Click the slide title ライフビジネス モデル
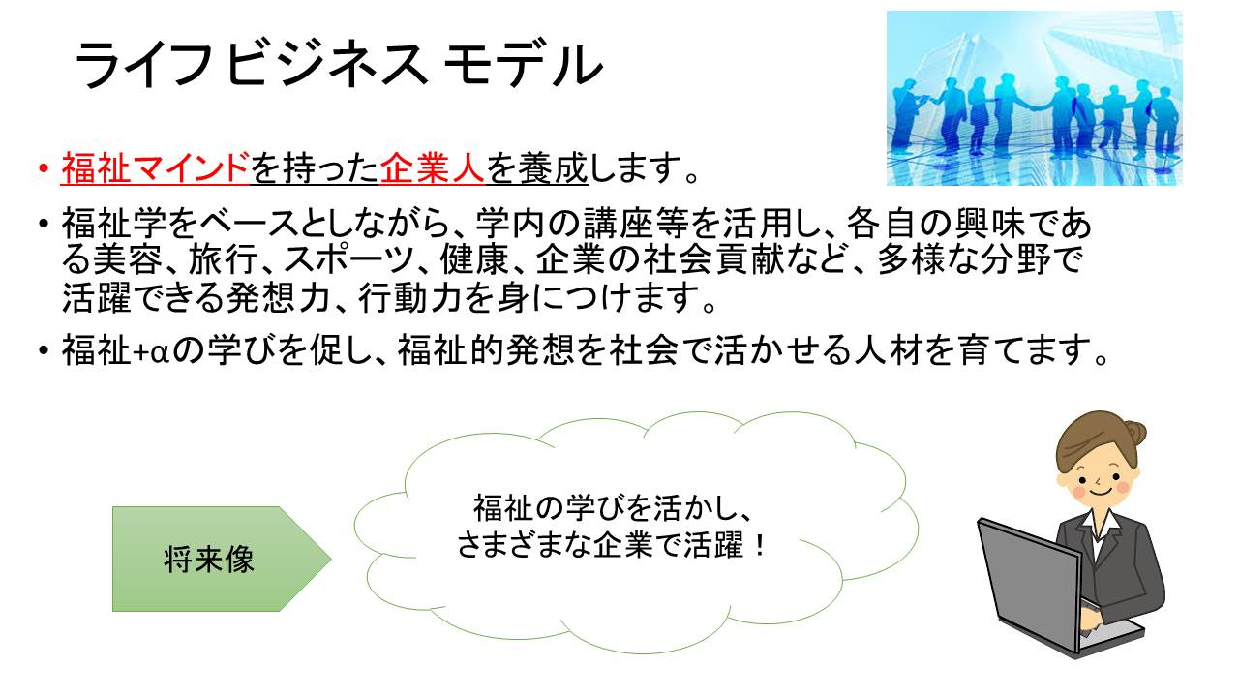coord(338,64)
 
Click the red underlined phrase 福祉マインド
coord(155,168)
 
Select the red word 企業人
coord(432,168)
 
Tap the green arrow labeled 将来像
coord(222,559)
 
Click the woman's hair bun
coord(1133,433)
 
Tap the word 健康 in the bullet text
coord(474,260)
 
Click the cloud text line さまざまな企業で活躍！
coord(612,545)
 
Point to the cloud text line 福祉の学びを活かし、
coord(612,508)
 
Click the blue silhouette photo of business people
coord(1035,98)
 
